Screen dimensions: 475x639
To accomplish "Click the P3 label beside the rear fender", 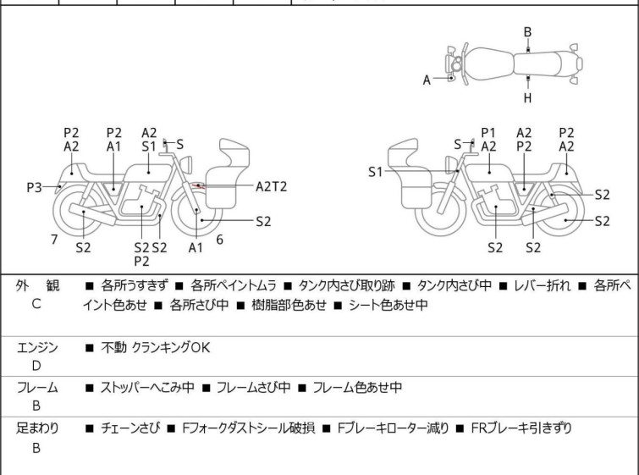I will (x=34, y=187).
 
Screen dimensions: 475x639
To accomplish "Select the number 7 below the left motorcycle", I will (x=54, y=240).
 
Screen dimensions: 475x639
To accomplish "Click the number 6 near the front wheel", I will (x=219, y=240).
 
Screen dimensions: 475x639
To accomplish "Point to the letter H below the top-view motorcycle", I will (x=527, y=98).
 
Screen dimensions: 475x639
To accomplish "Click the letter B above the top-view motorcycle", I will (x=527, y=32).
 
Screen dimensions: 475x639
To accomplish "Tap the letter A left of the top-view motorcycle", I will (x=427, y=80).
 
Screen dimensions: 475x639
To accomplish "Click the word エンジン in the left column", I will (x=38, y=347).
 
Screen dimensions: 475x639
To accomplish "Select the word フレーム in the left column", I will (x=38, y=388).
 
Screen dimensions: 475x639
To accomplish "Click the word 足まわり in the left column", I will (x=38, y=428).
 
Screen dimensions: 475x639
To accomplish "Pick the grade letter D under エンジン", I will (x=36, y=366).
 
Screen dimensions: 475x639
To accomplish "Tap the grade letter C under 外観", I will (x=36, y=304).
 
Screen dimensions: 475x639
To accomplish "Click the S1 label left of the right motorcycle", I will (x=376, y=172).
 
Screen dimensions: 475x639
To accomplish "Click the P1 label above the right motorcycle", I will (x=488, y=132).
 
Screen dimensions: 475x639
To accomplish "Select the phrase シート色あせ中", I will (x=386, y=304).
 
